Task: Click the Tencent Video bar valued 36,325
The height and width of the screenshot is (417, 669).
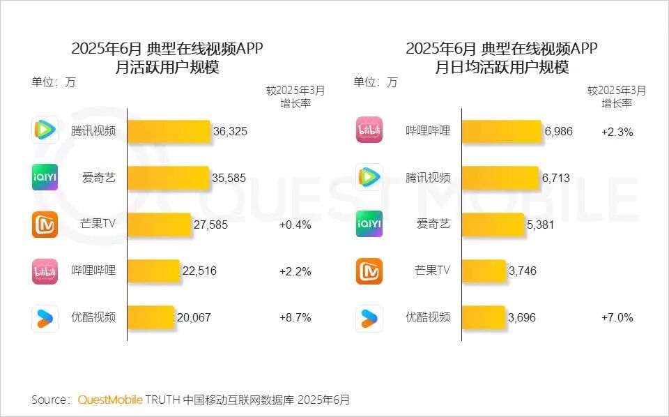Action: point(169,132)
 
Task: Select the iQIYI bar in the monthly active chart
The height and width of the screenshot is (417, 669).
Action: point(168,178)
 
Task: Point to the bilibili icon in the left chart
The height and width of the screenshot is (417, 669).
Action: point(45,271)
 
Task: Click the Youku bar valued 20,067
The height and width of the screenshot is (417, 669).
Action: point(151,317)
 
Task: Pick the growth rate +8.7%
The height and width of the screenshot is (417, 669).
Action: point(295,317)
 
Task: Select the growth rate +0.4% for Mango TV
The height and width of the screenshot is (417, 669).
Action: point(295,225)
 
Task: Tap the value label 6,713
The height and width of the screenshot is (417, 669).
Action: point(555,178)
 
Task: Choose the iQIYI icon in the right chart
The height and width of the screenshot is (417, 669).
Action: point(369,224)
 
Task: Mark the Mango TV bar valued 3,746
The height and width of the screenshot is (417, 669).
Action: point(484,271)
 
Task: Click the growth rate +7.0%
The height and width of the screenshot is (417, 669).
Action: point(617,317)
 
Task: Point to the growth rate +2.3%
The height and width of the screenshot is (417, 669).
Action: point(617,132)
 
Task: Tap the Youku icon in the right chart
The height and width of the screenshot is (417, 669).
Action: point(369,318)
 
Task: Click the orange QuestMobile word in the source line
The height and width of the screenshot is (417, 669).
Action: point(110,400)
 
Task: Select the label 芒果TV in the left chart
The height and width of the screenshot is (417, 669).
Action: point(98,225)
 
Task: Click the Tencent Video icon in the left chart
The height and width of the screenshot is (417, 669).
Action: point(45,130)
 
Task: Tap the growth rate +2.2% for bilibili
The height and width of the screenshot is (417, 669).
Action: point(295,271)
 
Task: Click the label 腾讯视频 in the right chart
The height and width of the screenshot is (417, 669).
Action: point(428,178)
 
